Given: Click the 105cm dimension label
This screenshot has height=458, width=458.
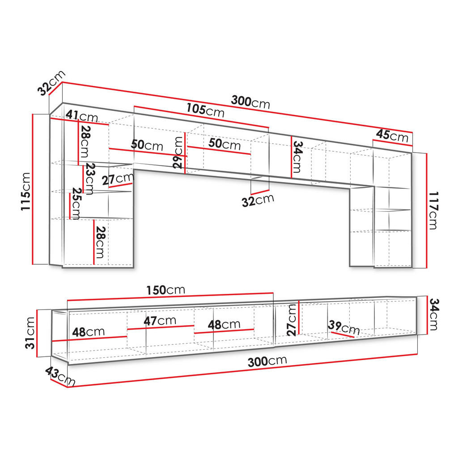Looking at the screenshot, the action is coord(205,110).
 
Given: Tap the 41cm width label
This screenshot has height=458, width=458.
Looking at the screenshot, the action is coord(82,116).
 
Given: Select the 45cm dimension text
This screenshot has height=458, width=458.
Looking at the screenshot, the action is coord(392,136).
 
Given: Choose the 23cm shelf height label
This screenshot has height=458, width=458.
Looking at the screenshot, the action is coord(89,179).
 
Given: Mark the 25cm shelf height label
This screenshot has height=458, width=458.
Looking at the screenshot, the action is coord(76,204).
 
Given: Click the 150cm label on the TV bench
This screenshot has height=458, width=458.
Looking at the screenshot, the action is coord(165,290).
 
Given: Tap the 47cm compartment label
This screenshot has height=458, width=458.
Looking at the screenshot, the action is coord(160,321).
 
